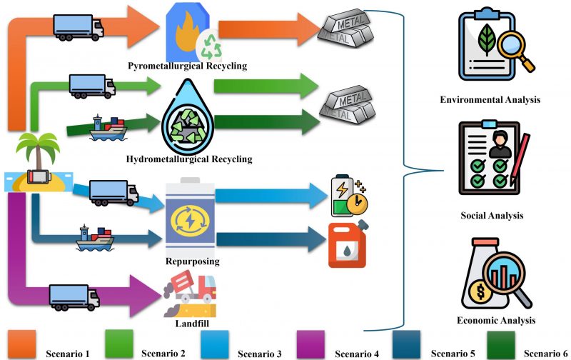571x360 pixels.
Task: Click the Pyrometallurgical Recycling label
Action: pos(187,66)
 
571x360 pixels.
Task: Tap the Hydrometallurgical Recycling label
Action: pos(188,159)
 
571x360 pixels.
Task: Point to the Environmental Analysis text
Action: pos(490,100)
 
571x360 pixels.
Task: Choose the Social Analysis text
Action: pos(492,215)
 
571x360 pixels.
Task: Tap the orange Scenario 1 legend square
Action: pos(21,345)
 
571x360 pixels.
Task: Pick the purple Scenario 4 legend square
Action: pos(310,345)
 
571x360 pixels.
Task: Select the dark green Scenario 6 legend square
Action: pos(501,344)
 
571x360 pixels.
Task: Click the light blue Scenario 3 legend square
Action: pos(215,345)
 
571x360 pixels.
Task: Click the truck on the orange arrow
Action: pos(79,26)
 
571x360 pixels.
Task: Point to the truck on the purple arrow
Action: pos(74,296)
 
